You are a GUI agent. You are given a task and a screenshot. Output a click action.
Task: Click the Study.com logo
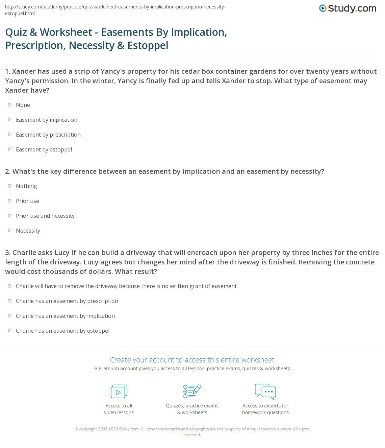[348, 8]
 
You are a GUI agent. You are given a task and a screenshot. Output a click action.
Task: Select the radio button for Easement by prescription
[10, 135]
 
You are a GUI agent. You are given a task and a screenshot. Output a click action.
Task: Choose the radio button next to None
[10, 105]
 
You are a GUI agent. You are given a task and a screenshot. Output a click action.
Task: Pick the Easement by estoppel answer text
[44, 149]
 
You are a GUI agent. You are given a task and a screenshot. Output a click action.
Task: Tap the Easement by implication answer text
[47, 120]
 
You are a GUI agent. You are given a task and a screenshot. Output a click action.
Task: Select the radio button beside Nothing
[10, 186]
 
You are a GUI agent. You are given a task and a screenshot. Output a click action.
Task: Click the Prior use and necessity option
[45, 216]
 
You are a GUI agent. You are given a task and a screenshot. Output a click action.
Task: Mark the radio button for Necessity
[10, 231]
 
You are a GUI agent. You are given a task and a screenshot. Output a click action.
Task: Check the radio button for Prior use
[10, 201]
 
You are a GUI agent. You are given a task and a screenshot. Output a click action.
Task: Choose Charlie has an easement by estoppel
[62, 331]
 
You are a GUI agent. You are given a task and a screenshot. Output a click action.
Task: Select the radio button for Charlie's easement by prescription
[10, 301]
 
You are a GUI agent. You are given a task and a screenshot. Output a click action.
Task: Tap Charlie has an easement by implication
[65, 316]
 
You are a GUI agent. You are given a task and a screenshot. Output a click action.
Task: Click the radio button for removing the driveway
[10, 286]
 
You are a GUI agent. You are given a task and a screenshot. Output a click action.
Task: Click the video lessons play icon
[119, 392]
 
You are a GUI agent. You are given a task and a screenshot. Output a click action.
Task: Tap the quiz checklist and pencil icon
[192, 391]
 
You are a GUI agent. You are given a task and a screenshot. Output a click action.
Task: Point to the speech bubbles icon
[265, 392]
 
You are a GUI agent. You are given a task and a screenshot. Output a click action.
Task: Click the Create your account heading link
[192, 360]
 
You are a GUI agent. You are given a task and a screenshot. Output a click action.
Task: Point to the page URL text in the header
[115, 10]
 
